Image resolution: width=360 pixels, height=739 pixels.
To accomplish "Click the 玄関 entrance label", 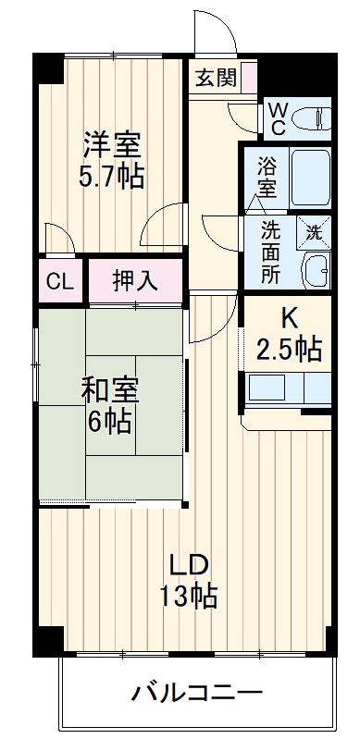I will click(x=216, y=78).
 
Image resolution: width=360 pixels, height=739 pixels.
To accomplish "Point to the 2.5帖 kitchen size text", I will click(x=289, y=350).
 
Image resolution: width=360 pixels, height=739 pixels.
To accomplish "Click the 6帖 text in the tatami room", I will click(x=109, y=423).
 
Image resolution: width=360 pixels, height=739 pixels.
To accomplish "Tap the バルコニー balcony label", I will click(x=196, y=691).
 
